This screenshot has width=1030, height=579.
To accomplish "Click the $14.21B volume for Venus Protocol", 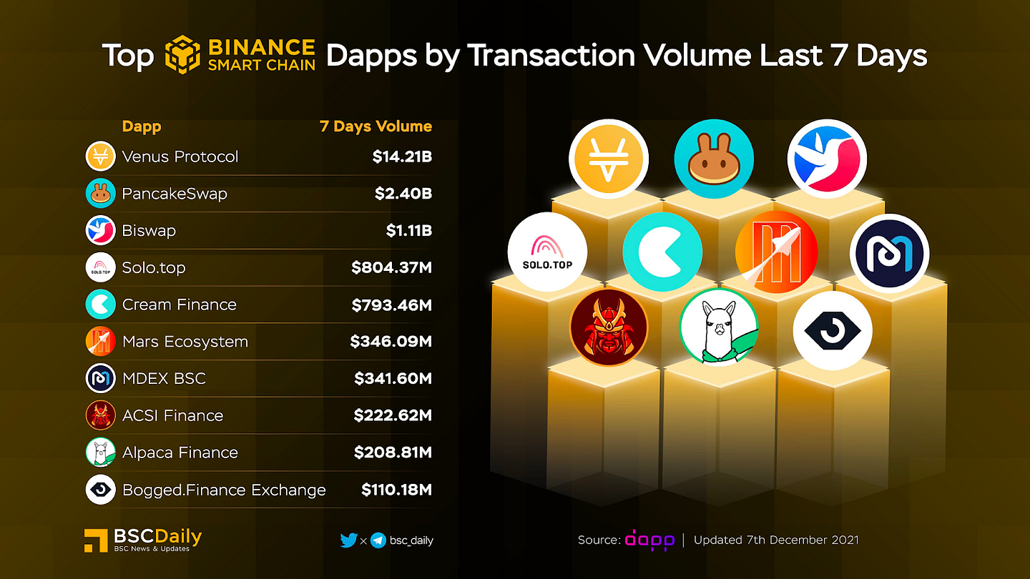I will [x=401, y=157].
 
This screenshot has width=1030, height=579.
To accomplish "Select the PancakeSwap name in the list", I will [x=175, y=194].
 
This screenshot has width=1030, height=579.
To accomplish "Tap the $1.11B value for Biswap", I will [x=408, y=231].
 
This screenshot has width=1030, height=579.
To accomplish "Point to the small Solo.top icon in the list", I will [x=100, y=267].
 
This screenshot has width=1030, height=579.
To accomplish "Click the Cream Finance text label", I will [x=179, y=305].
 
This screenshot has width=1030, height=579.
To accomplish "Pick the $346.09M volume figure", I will [x=391, y=342].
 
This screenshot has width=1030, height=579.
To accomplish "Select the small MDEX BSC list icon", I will [x=100, y=378].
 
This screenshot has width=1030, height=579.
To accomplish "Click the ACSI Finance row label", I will [x=172, y=415].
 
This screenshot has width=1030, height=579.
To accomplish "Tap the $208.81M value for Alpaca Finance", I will [x=393, y=452].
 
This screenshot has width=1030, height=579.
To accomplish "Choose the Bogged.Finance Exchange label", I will [x=224, y=490].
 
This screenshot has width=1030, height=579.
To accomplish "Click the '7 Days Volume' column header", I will [x=376, y=127].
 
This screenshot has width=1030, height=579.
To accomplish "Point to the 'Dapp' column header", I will [x=142, y=127].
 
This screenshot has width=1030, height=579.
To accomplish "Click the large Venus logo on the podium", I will [x=609, y=158].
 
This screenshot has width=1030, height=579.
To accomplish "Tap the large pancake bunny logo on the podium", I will [x=714, y=158].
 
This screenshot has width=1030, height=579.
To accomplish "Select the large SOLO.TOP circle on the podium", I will [x=547, y=252].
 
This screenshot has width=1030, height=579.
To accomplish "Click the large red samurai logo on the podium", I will [x=609, y=328].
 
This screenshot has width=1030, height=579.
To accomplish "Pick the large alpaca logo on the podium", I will [x=718, y=328].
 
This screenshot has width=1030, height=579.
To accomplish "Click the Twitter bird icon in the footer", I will [x=348, y=540].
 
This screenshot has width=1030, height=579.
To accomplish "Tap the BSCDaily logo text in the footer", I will [x=157, y=537].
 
